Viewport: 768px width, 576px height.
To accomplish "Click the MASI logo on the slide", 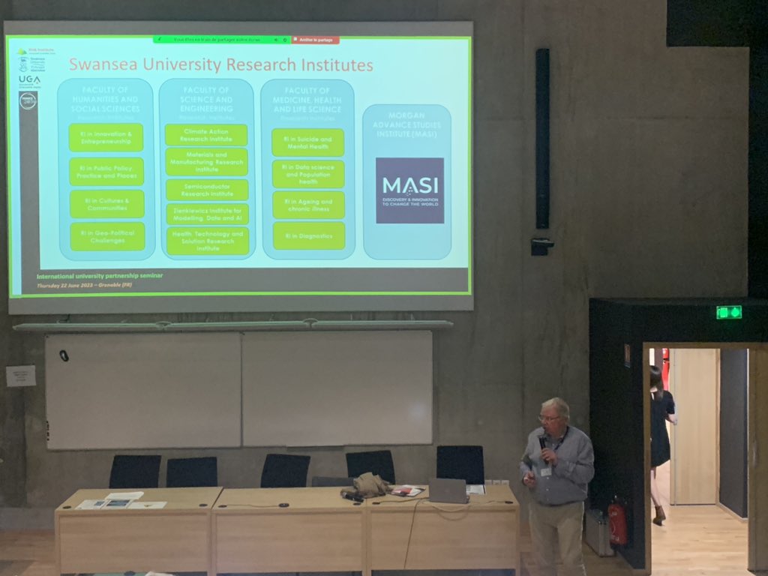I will [409, 190].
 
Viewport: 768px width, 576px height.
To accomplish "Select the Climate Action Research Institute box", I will [206, 135].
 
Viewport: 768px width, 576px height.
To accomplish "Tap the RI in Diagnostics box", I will [308, 235].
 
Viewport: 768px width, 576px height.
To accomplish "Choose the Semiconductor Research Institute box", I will [206, 190].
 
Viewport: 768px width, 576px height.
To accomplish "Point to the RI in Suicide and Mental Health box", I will [308, 142].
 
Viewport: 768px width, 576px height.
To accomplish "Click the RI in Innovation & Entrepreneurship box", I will [106, 137].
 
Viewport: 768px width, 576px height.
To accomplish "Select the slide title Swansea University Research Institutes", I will [220, 65].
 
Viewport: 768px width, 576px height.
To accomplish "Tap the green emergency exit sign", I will [728, 312].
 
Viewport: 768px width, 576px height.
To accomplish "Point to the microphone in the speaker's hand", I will [542, 445].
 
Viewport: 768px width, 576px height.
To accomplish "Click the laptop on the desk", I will [448, 490].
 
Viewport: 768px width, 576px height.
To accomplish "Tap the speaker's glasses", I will [549, 418].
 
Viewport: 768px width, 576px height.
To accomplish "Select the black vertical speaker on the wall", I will [542, 139].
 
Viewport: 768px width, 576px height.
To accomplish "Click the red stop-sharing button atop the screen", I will [315, 40].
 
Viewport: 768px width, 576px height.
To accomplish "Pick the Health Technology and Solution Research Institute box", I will [207, 241].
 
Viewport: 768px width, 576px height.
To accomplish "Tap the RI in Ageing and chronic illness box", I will [308, 205].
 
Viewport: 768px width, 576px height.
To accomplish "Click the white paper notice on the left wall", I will [20, 376].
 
